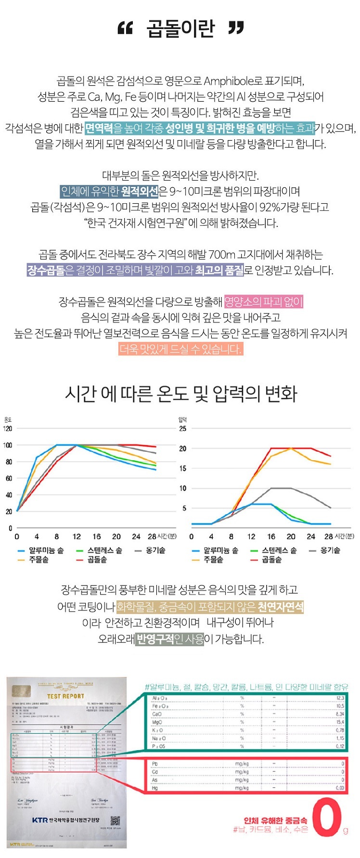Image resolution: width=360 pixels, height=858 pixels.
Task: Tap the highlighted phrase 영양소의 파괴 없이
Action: click(264, 302)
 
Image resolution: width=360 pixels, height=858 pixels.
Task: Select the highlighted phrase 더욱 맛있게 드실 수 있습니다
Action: click(180, 349)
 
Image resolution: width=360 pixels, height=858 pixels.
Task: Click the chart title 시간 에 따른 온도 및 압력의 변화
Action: click(181, 394)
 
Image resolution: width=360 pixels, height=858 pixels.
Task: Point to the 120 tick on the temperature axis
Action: click(8, 429)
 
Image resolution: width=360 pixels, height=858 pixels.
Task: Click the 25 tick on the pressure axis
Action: click(183, 429)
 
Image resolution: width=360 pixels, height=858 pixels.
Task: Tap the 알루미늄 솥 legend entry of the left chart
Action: click(41, 550)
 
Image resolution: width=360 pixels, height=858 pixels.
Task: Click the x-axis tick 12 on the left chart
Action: click(77, 536)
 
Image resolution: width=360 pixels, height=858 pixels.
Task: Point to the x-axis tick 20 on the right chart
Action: click(291, 536)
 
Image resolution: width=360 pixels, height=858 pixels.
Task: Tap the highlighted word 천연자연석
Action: click(281, 607)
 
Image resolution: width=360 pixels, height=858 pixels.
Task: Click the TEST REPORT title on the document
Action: click(65, 696)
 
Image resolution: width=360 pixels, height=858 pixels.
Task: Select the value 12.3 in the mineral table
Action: click(340, 698)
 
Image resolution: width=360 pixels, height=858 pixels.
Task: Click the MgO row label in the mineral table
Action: click(157, 722)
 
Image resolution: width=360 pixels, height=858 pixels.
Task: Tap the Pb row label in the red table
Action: click(155, 764)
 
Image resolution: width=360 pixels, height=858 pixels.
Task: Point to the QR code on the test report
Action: click(115, 820)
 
